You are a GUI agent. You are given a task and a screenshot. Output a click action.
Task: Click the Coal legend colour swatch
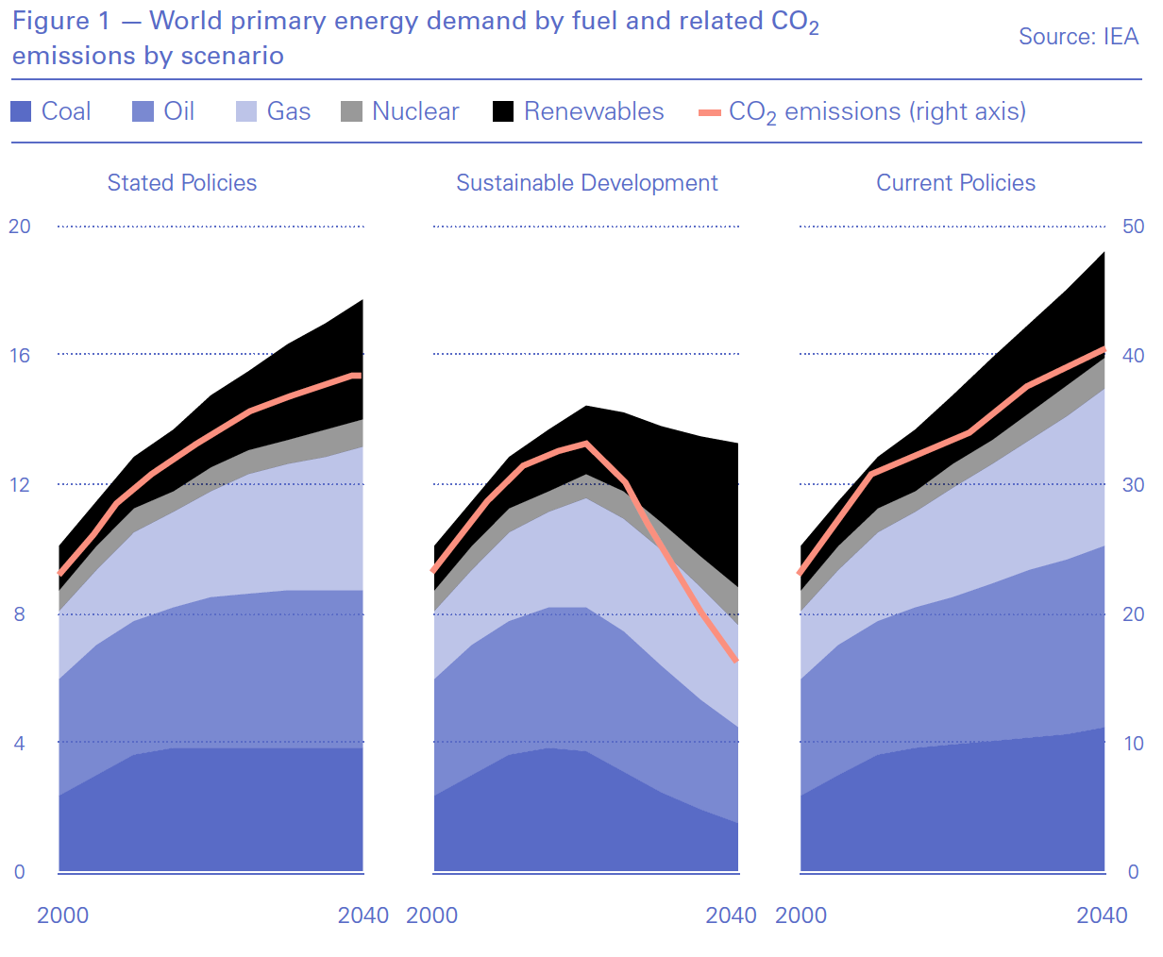(x=21, y=111)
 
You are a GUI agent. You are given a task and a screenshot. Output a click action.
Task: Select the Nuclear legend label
(x=415, y=111)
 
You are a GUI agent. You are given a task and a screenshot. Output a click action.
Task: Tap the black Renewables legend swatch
(x=503, y=111)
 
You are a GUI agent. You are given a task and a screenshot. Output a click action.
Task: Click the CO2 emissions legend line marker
(x=710, y=112)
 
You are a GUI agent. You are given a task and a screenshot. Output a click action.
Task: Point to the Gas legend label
(x=289, y=111)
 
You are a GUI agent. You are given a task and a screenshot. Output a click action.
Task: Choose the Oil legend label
(x=179, y=111)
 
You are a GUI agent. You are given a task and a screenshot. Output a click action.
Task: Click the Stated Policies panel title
(x=182, y=183)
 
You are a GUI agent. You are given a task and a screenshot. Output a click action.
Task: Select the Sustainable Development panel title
(x=586, y=183)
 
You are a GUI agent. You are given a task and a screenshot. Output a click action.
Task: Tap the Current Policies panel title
(x=955, y=183)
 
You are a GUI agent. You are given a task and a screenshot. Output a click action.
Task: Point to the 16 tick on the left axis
(x=20, y=355)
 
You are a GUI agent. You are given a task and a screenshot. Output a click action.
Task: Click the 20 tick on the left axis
(x=20, y=227)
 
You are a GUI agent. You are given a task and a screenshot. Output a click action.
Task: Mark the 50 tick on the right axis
(x=1133, y=227)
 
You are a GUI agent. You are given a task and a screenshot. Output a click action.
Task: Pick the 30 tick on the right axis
(x=1133, y=485)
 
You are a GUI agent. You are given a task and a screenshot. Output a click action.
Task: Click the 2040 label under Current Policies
(x=1102, y=915)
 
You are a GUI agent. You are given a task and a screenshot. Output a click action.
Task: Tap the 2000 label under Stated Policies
(x=63, y=915)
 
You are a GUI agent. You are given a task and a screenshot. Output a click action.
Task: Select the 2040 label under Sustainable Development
(x=732, y=915)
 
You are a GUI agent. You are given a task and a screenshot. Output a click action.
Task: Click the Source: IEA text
(x=1078, y=37)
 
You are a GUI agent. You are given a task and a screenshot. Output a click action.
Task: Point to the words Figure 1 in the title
(x=60, y=21)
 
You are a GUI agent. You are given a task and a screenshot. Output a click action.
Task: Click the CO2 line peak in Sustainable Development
(x=586, y=443)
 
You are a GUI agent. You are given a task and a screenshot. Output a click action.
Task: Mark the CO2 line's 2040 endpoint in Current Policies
(x=1104, y=349)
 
